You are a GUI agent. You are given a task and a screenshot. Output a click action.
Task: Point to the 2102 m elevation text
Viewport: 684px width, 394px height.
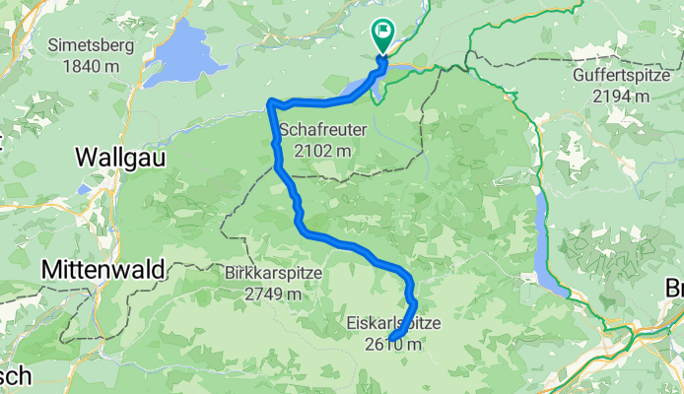pyautogui.click(x=321, y=151)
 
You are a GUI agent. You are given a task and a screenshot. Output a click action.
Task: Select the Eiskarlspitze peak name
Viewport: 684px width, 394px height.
pyautogui.click(x=393, y=323)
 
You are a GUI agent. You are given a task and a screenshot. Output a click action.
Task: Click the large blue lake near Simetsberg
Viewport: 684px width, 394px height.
pyautogui.click(x=183, y=55)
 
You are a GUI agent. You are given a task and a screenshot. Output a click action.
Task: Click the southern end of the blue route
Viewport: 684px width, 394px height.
pyautogui.click(x=392, y=341)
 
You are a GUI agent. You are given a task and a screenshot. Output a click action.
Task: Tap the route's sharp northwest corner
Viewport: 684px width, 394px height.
pyautogui.click(x=271, y=102)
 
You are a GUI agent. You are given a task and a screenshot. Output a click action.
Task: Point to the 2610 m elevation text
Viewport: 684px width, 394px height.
pyautogui.click(x=392, y=344)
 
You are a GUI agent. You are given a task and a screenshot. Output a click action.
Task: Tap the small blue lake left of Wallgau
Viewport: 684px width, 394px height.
pyautogui.click(x=84, y=186)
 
